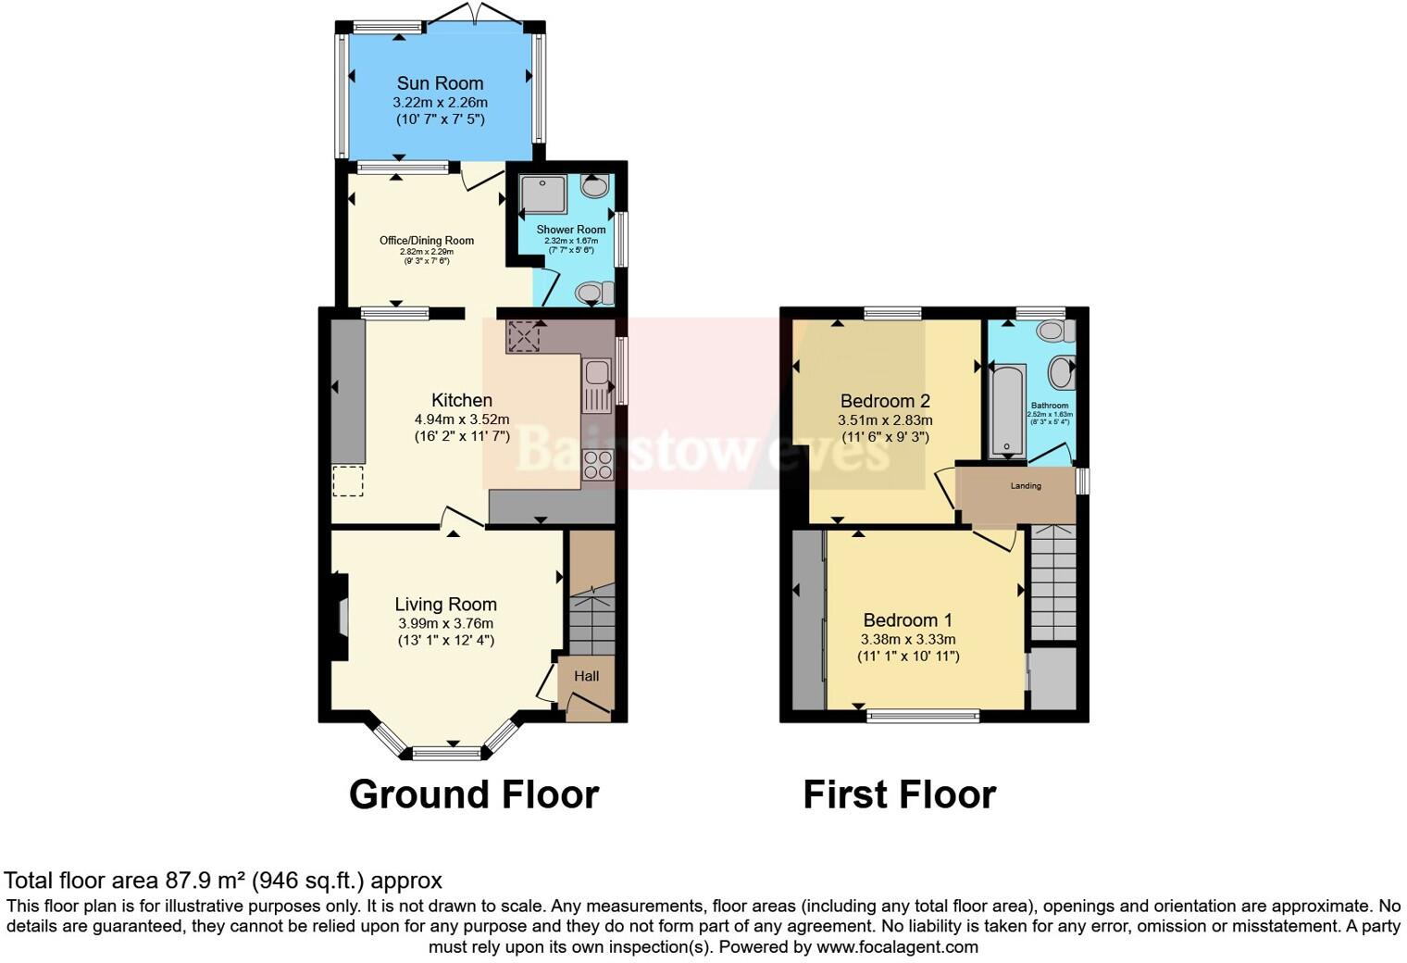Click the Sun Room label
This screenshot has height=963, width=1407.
440,83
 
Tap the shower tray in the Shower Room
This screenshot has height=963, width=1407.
542,194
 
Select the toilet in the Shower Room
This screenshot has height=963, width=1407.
594,294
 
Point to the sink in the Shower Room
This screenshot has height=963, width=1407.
594,186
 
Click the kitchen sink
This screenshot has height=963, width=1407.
595,374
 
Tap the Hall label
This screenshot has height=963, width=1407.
586,676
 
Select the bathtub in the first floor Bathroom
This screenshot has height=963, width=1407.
1007,410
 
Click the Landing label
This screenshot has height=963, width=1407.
1026,485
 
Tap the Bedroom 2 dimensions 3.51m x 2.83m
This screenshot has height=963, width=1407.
885,419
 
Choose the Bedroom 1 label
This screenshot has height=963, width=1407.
907,620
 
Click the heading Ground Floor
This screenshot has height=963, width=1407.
473,794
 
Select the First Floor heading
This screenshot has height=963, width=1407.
899,794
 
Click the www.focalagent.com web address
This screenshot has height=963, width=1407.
897,946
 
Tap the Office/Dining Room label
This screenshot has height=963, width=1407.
427,241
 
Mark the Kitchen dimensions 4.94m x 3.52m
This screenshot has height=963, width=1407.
462,419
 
